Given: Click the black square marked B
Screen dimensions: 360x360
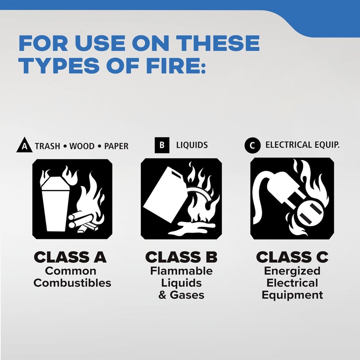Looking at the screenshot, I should click(x=161, y=145).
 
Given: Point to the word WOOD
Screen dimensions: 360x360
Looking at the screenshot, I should click(x=82, y=146).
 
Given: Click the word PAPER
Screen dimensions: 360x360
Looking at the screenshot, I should click(x=116, y=146).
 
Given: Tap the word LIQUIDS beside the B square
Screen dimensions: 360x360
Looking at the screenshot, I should click(x=192, y=145).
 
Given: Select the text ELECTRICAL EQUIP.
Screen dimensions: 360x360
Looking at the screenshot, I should click(x=302, y=145).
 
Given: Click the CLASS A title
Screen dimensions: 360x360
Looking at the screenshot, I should click(x=71, y=257).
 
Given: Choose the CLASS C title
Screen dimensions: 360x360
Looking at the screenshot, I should click(x=292, y=257).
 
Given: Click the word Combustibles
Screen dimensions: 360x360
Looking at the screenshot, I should click(x=72, y=283).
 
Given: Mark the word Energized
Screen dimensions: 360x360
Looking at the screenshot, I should click(x=292, y=271).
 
